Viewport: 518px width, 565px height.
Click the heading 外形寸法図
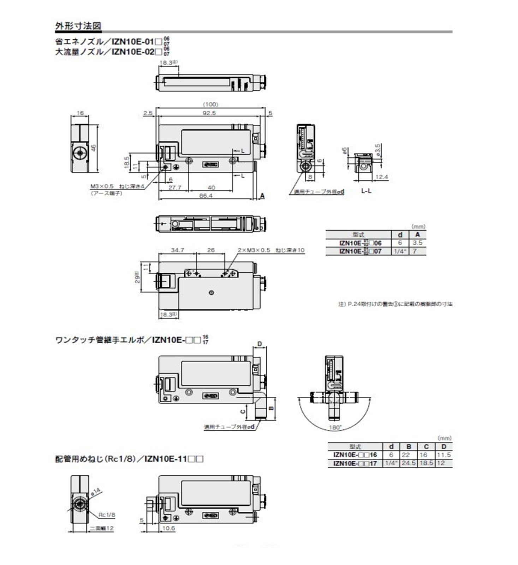tap(78, 26)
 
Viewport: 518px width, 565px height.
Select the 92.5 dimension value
tap(209, 113)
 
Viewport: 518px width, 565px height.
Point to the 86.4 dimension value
tap(206, 195)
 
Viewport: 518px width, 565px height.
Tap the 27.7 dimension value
tap(174, 188)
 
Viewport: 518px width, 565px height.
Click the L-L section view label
tap(366, 191)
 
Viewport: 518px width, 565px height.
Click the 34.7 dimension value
tap(177, 250)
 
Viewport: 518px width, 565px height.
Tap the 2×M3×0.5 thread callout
tap(254, 250)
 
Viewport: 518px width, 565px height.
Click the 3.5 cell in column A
tap(417, 243)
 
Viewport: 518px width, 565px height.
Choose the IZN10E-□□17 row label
tap(355, 463)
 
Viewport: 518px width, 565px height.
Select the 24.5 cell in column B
tap(409, 463)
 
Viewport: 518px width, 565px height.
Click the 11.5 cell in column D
tap(444, 455)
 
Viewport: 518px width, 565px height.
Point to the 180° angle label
tap(335, 428)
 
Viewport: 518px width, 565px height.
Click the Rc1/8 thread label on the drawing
tap(107, 515)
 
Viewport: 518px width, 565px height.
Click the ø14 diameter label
tap(95, 492)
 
